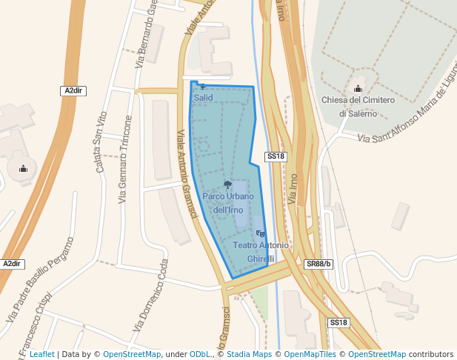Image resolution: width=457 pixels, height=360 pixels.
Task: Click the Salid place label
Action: [x=203, y=97]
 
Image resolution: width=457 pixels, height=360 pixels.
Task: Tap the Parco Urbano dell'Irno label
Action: [x=228, y=203]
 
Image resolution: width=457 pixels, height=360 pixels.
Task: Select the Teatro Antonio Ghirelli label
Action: [x=261, y=251]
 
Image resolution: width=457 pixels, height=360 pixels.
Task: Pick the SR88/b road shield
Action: [x=319, y=264]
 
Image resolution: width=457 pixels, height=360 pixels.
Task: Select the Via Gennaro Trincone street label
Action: [x=127, y=160]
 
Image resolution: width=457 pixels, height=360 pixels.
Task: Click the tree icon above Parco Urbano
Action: [x=227, y=184]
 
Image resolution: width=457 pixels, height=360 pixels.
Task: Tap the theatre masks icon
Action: [x=260, y=234]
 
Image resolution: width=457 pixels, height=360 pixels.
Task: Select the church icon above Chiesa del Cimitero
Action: [x=358, y=89]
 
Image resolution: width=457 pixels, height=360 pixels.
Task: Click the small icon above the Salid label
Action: [x=202, y=87]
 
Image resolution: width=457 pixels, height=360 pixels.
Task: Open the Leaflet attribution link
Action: [x=41, y=355]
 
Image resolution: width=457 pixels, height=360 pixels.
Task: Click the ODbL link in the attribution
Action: [x=202, y=355]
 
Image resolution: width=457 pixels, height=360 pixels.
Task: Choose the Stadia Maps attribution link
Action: [x=249, y=355]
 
